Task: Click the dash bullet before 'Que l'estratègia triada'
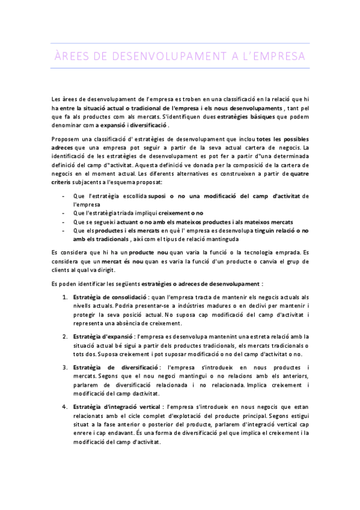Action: [64, 212]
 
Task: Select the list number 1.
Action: [65, 297]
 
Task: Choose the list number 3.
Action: [65, 367]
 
